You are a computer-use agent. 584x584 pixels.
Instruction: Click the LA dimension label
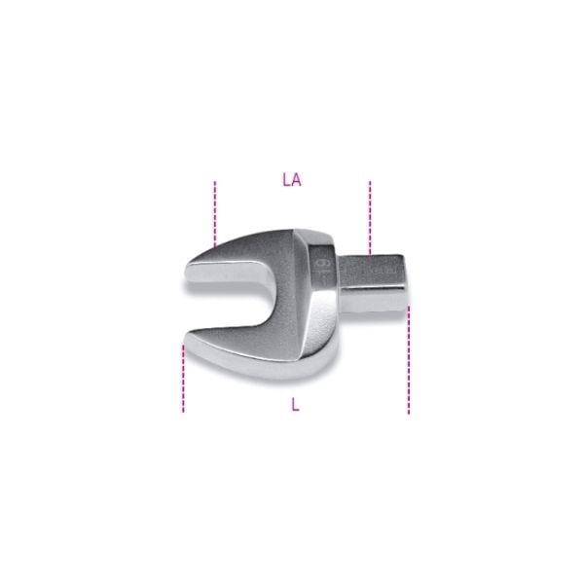291,179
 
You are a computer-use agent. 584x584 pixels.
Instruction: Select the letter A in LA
296,179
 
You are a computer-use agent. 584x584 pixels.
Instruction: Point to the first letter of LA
286,179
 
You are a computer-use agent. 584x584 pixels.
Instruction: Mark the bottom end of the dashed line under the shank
409,412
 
